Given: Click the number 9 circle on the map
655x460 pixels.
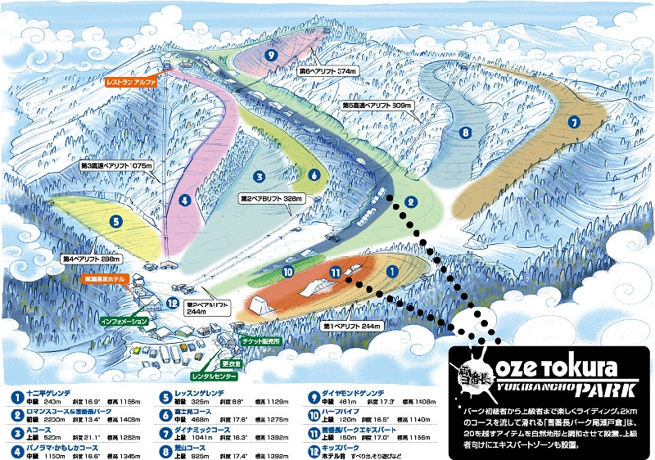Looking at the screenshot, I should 270,55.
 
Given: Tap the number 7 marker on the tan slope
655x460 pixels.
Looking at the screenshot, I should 574,122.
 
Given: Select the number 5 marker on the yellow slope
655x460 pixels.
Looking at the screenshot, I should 118,220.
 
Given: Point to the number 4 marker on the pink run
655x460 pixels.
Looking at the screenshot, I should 186,199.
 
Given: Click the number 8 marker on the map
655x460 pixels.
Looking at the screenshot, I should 464,132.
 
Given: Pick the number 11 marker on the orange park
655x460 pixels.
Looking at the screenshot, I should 335,271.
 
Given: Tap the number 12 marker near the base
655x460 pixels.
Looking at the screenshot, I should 173,302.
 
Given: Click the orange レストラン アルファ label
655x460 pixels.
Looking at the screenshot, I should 130,82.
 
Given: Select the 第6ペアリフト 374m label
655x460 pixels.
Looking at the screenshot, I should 325,71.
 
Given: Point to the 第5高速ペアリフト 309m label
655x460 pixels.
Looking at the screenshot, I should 377,106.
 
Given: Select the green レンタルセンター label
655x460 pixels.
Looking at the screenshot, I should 215,377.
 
